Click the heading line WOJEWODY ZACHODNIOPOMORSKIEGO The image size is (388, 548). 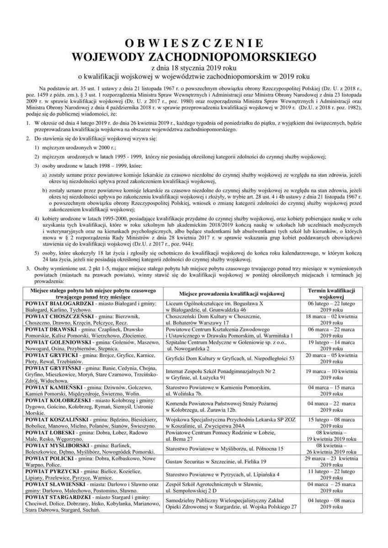click(194, 56)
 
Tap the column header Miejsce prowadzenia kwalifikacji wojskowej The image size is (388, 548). click(232, 293)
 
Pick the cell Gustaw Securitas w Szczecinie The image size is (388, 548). click(216, 462)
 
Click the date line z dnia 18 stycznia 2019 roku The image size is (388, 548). click(194, 67)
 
